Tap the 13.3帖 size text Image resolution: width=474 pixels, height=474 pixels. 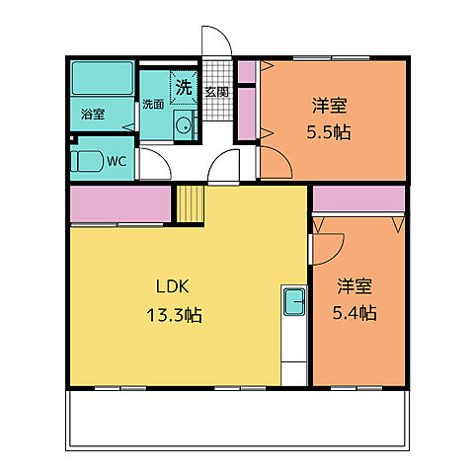[176, 316]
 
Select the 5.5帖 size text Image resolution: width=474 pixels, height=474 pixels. [330, 131]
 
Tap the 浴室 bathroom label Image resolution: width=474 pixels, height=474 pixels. [93, 115]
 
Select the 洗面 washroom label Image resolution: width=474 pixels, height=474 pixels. [152, 104]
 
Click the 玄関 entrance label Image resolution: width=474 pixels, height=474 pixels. [216, 92]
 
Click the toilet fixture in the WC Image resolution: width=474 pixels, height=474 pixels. [89, 162]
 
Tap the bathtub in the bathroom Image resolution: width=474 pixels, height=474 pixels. [103, 78]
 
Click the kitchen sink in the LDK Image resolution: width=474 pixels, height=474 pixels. [294, 301]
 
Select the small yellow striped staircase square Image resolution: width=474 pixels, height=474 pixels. [189, 205]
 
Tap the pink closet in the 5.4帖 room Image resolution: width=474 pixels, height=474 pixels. [358, 198]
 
